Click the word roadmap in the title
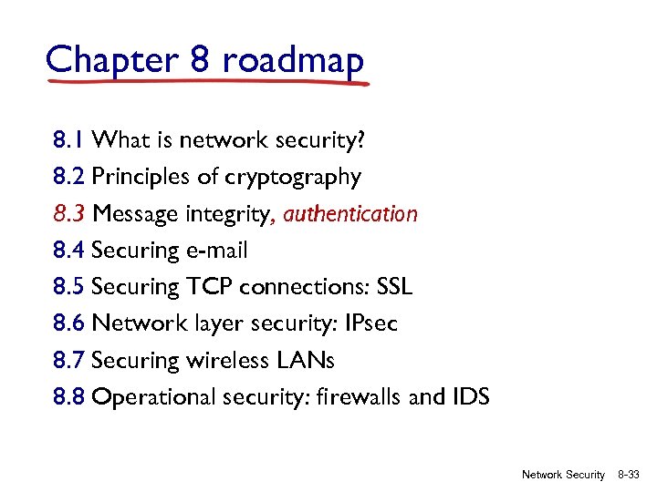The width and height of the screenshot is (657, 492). (x=292, y=60)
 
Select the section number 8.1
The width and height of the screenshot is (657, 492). (x=69, y=140)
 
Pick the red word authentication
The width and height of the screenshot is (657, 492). (x=350, y=214)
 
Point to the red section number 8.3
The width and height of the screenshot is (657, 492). (x=69, y=214)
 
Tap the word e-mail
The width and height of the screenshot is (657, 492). (x=216, y=251)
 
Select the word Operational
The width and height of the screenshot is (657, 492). (x=155, y=397)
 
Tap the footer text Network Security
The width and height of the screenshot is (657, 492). (x=563, y=475)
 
